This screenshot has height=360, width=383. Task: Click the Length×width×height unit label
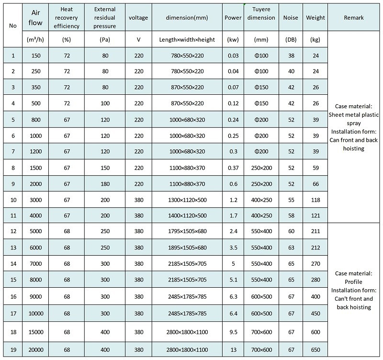coord(187,40)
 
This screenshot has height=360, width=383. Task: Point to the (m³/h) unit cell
coord(36,40)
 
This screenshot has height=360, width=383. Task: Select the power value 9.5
coord(233,331)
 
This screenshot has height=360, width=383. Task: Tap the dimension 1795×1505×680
coord(187,230)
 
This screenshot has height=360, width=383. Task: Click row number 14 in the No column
coord(13,264)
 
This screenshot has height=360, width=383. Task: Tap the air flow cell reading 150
coord(36,56)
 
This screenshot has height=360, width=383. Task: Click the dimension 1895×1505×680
coord(187,247)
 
